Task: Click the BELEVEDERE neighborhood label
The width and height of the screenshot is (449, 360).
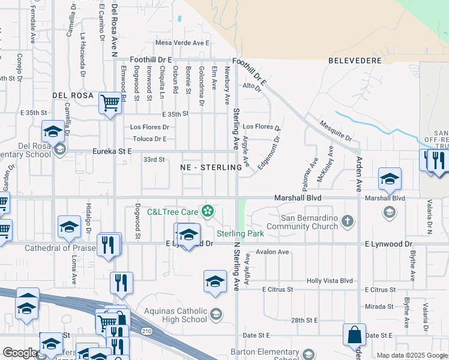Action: pyautogui.click(x=352, y=61)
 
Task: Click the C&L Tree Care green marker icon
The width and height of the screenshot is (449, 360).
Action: pyautogui.click(x=208, y=211)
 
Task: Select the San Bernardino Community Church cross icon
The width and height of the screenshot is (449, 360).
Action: pyautogui.click(x=347, y=221)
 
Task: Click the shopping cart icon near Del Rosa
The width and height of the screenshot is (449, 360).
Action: pyautogui.click(x=110, y=103)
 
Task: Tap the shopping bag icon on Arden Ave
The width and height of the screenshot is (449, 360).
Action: pyautogui.click(x=354, y=335)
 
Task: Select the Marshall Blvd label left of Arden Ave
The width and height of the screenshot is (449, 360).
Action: pyautogui.click(x=298, y=197)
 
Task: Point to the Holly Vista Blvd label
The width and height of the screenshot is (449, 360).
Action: pyautogui.click(x=330, y=280)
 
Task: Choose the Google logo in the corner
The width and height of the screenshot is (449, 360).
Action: pyautogui.click(x=20, y=353)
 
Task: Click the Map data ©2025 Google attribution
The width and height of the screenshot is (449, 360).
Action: pyautogui.click(x=411, y=355)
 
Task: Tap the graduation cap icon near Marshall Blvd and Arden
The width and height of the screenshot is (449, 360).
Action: pyautogui.click(x=389, y=178)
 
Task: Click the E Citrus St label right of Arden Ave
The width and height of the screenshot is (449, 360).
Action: pyautogui.click(x=382, y=290)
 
